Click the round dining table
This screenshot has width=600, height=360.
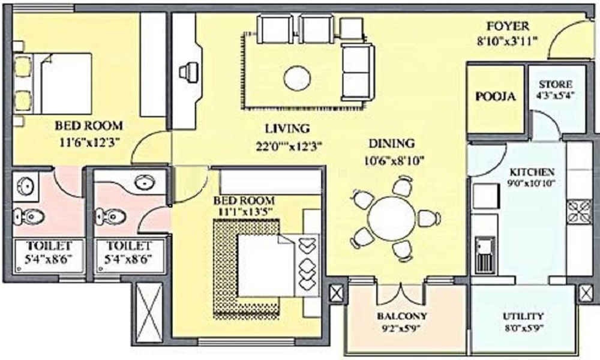tap(391, 219)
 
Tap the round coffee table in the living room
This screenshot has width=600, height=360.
tap(297, 79)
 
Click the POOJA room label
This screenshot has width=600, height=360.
tap(496, 96)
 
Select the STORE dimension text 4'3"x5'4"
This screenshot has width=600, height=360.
tap(556, 95)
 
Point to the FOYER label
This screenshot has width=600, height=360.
tap(508, 26)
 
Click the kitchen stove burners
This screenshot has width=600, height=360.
tap(580, 211)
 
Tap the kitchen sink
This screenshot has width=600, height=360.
tap(485, 254)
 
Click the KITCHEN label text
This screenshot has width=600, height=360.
tap(532, 172)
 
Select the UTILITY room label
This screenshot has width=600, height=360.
tap(523, 316)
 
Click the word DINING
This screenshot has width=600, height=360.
tap(391, 143)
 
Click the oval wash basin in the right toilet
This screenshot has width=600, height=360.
tap(145, 181)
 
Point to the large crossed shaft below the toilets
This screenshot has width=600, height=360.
tap(149, 313)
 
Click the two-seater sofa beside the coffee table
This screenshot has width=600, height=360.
tap(356, 71)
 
